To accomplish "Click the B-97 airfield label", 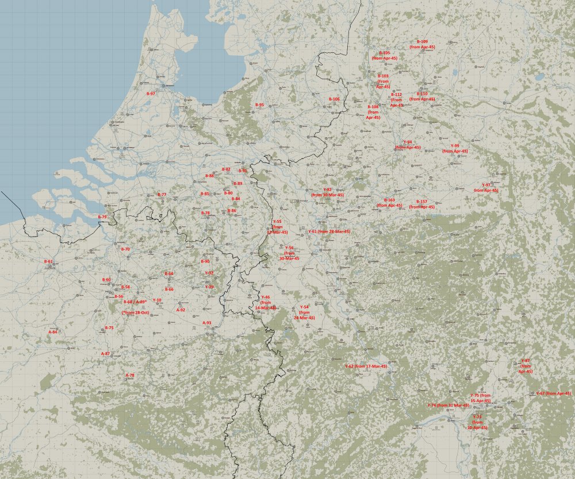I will (151, 93).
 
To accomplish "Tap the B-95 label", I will (259, 105).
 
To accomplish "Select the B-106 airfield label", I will (334, 99).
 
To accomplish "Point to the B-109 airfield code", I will (422, 42).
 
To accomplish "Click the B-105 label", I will (384, 53).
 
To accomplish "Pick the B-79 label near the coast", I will (102, 217).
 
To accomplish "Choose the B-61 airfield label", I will (48, 261).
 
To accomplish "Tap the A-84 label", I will (52, 331).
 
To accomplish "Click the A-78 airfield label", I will (130, 375).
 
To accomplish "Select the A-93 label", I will (207, 323).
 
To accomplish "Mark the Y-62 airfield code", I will (349, 366).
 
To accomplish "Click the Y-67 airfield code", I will (540, 393).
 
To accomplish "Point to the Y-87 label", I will (525, 360).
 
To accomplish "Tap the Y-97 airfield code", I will (486, 185).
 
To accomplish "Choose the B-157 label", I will (422, 202).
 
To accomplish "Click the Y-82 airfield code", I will (327, 190).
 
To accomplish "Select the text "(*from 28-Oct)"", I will (136, 312).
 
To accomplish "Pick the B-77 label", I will (162, 195).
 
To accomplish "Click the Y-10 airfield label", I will (157, 300).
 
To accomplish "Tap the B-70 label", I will (125, 249).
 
